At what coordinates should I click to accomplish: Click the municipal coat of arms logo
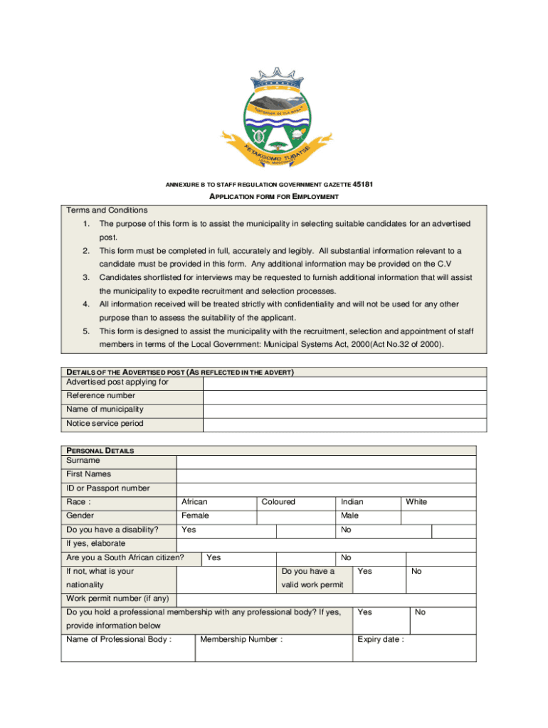273,117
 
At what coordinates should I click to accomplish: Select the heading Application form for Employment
273,197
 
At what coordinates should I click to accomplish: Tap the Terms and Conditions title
107,210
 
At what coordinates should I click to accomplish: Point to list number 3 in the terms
85,278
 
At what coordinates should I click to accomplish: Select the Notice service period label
105,424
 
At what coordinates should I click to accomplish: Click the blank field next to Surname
326,461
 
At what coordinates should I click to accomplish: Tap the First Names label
88,474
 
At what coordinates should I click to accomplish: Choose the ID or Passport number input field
326,489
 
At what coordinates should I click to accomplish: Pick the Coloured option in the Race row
278,502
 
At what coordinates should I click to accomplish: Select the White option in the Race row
416,502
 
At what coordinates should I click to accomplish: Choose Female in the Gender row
195,516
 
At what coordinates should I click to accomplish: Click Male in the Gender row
349,516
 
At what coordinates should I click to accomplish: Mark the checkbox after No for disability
454,531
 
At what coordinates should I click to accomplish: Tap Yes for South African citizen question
214,558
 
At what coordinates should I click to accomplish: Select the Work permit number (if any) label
117,599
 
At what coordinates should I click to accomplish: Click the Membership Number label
241,640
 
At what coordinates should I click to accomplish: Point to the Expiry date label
381,640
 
